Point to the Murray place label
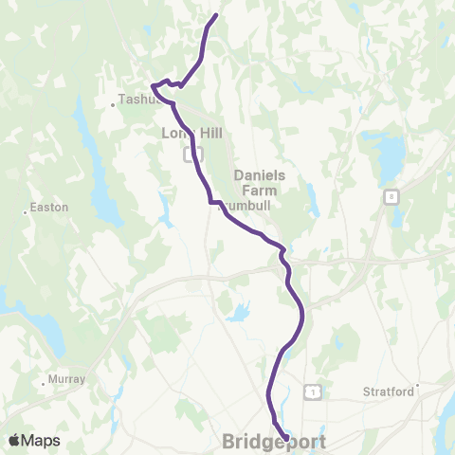coord(66,379)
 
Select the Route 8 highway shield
coord(391,196)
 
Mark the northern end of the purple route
coord(217,15)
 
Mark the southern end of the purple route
coord(286,437)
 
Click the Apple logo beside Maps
coord(15,441)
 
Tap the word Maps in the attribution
coord(41,441)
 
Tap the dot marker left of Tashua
coord(114,103)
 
